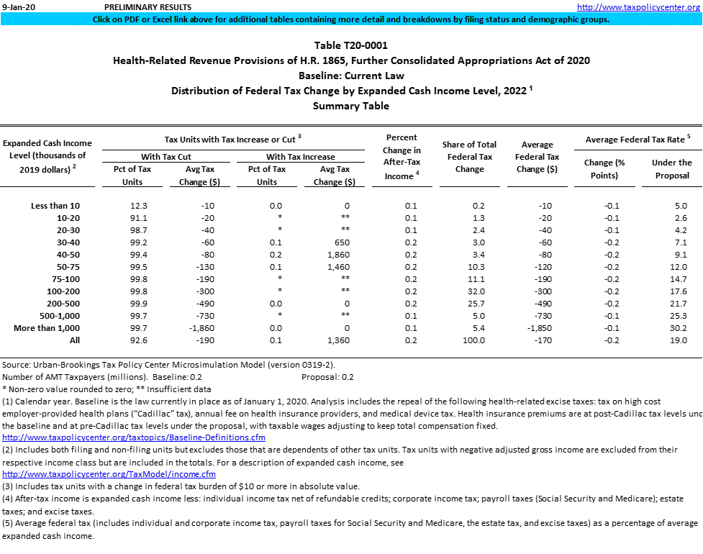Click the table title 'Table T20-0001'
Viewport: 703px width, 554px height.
351,45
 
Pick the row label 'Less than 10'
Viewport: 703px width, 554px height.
55,206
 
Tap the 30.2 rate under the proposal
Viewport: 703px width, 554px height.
677,328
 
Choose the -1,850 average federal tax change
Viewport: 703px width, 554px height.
545,328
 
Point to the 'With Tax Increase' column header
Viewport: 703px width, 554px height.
301,157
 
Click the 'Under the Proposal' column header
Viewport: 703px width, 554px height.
671,169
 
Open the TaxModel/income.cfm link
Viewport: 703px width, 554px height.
109,474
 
